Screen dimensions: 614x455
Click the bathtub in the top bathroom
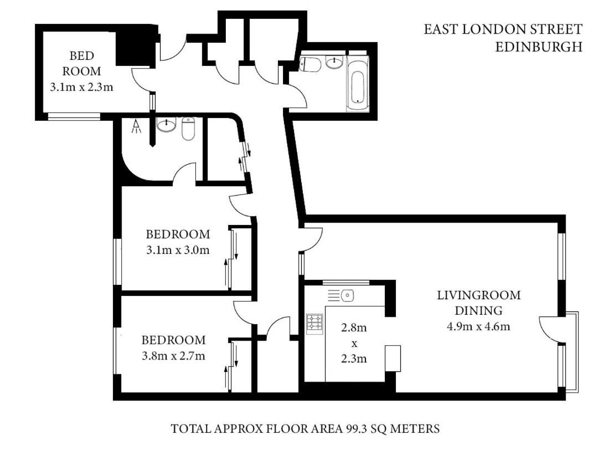pos(358,84)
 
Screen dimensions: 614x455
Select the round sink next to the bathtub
pos(334,63)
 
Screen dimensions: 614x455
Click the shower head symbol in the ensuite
pos(136,126)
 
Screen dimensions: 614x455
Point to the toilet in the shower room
pos(188,129)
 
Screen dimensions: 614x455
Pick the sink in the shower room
pos(167,125)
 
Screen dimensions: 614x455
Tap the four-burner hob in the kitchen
pos(315,324)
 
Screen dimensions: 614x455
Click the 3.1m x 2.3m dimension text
pos(81,86)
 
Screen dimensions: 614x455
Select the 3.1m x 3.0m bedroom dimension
pos(178,249)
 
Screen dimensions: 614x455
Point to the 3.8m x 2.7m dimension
pos(173,356)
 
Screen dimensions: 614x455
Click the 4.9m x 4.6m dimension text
pos(478,326)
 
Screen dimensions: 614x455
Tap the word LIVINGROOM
pos(479,295)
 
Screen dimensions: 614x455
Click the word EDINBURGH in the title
pos(539,47)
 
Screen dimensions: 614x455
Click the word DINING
pos(478,310)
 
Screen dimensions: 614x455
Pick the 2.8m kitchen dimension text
pos(354,327)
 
